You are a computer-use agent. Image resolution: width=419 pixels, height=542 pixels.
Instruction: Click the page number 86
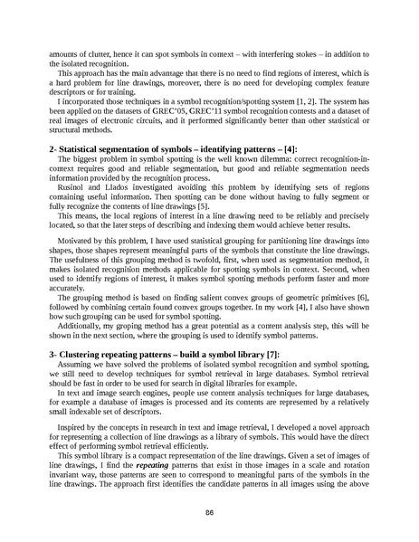pyautogui.click(x=209, y=511)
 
